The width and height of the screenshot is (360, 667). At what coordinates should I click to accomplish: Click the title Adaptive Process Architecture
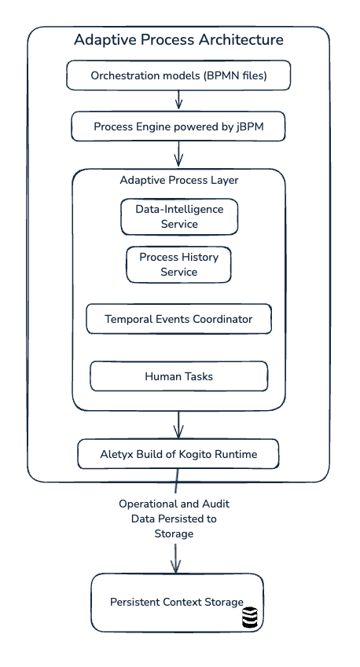click(x=178, y=39)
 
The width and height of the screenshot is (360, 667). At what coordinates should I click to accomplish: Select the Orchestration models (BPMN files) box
click(x=178, y=75)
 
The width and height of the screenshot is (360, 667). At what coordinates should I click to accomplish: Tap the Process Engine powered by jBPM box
click(x=178, y=126)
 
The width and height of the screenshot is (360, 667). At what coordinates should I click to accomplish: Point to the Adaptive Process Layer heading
click(x=179, y=180)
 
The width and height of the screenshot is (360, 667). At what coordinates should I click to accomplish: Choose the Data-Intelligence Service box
click(x=179, y=217)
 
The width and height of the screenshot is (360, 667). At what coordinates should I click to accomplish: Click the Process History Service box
click(x=178, y=264)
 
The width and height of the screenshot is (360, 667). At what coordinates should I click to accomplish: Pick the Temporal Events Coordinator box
click(x=178, y=319)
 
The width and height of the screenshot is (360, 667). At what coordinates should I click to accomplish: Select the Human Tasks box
click(x=178, y=376)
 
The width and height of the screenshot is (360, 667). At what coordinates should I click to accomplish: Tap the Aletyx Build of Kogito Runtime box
click(x=178, y=454)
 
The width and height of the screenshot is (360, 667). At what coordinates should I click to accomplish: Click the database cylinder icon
click(x=251, y=617)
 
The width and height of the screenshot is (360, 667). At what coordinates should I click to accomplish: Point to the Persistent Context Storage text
click(x=177, y=602)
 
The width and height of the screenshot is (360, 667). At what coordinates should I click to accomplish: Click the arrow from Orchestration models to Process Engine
click(x=178, y=99)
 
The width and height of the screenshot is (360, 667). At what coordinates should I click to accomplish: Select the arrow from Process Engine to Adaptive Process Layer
click(x=178, y=153)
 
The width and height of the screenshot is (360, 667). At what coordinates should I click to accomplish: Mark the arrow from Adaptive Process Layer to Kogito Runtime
click(x=178, y=424)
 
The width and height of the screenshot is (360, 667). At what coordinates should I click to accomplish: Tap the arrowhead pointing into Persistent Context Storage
click(x=176, y=566)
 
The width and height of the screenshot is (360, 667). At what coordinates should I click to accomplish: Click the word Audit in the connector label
click(x=215, y=504)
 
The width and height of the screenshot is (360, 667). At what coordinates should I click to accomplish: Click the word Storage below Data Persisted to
click(x=174, y=533)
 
